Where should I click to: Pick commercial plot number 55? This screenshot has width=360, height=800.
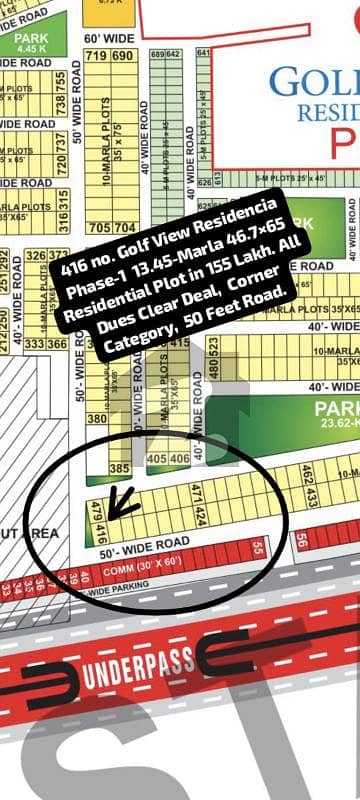(258, 547)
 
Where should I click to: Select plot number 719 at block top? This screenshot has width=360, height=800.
(97, 56)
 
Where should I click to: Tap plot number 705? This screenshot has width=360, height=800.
(99, 228)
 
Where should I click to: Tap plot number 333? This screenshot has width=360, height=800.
(38, 343)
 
